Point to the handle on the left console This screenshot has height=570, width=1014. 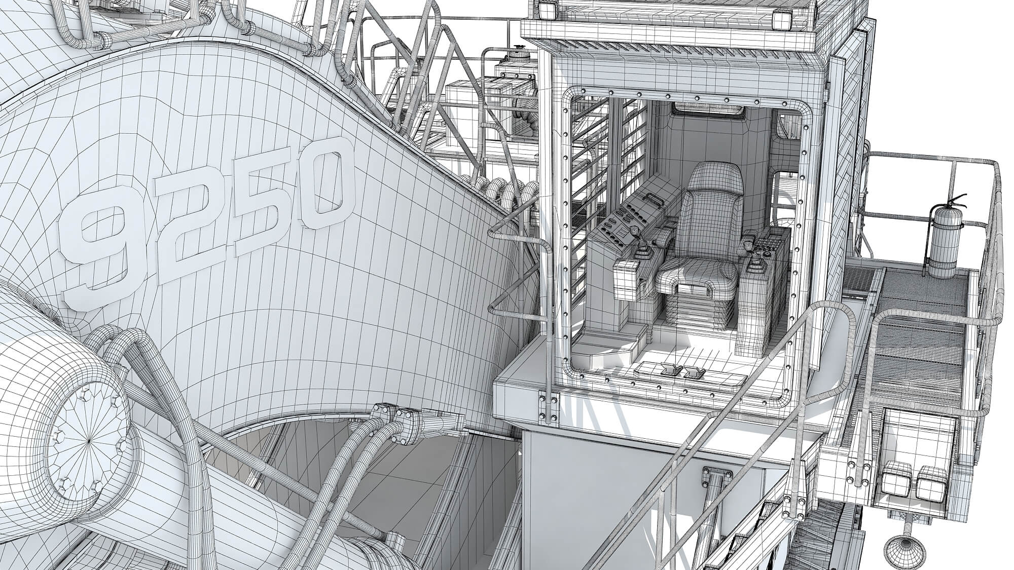point(654,201)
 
